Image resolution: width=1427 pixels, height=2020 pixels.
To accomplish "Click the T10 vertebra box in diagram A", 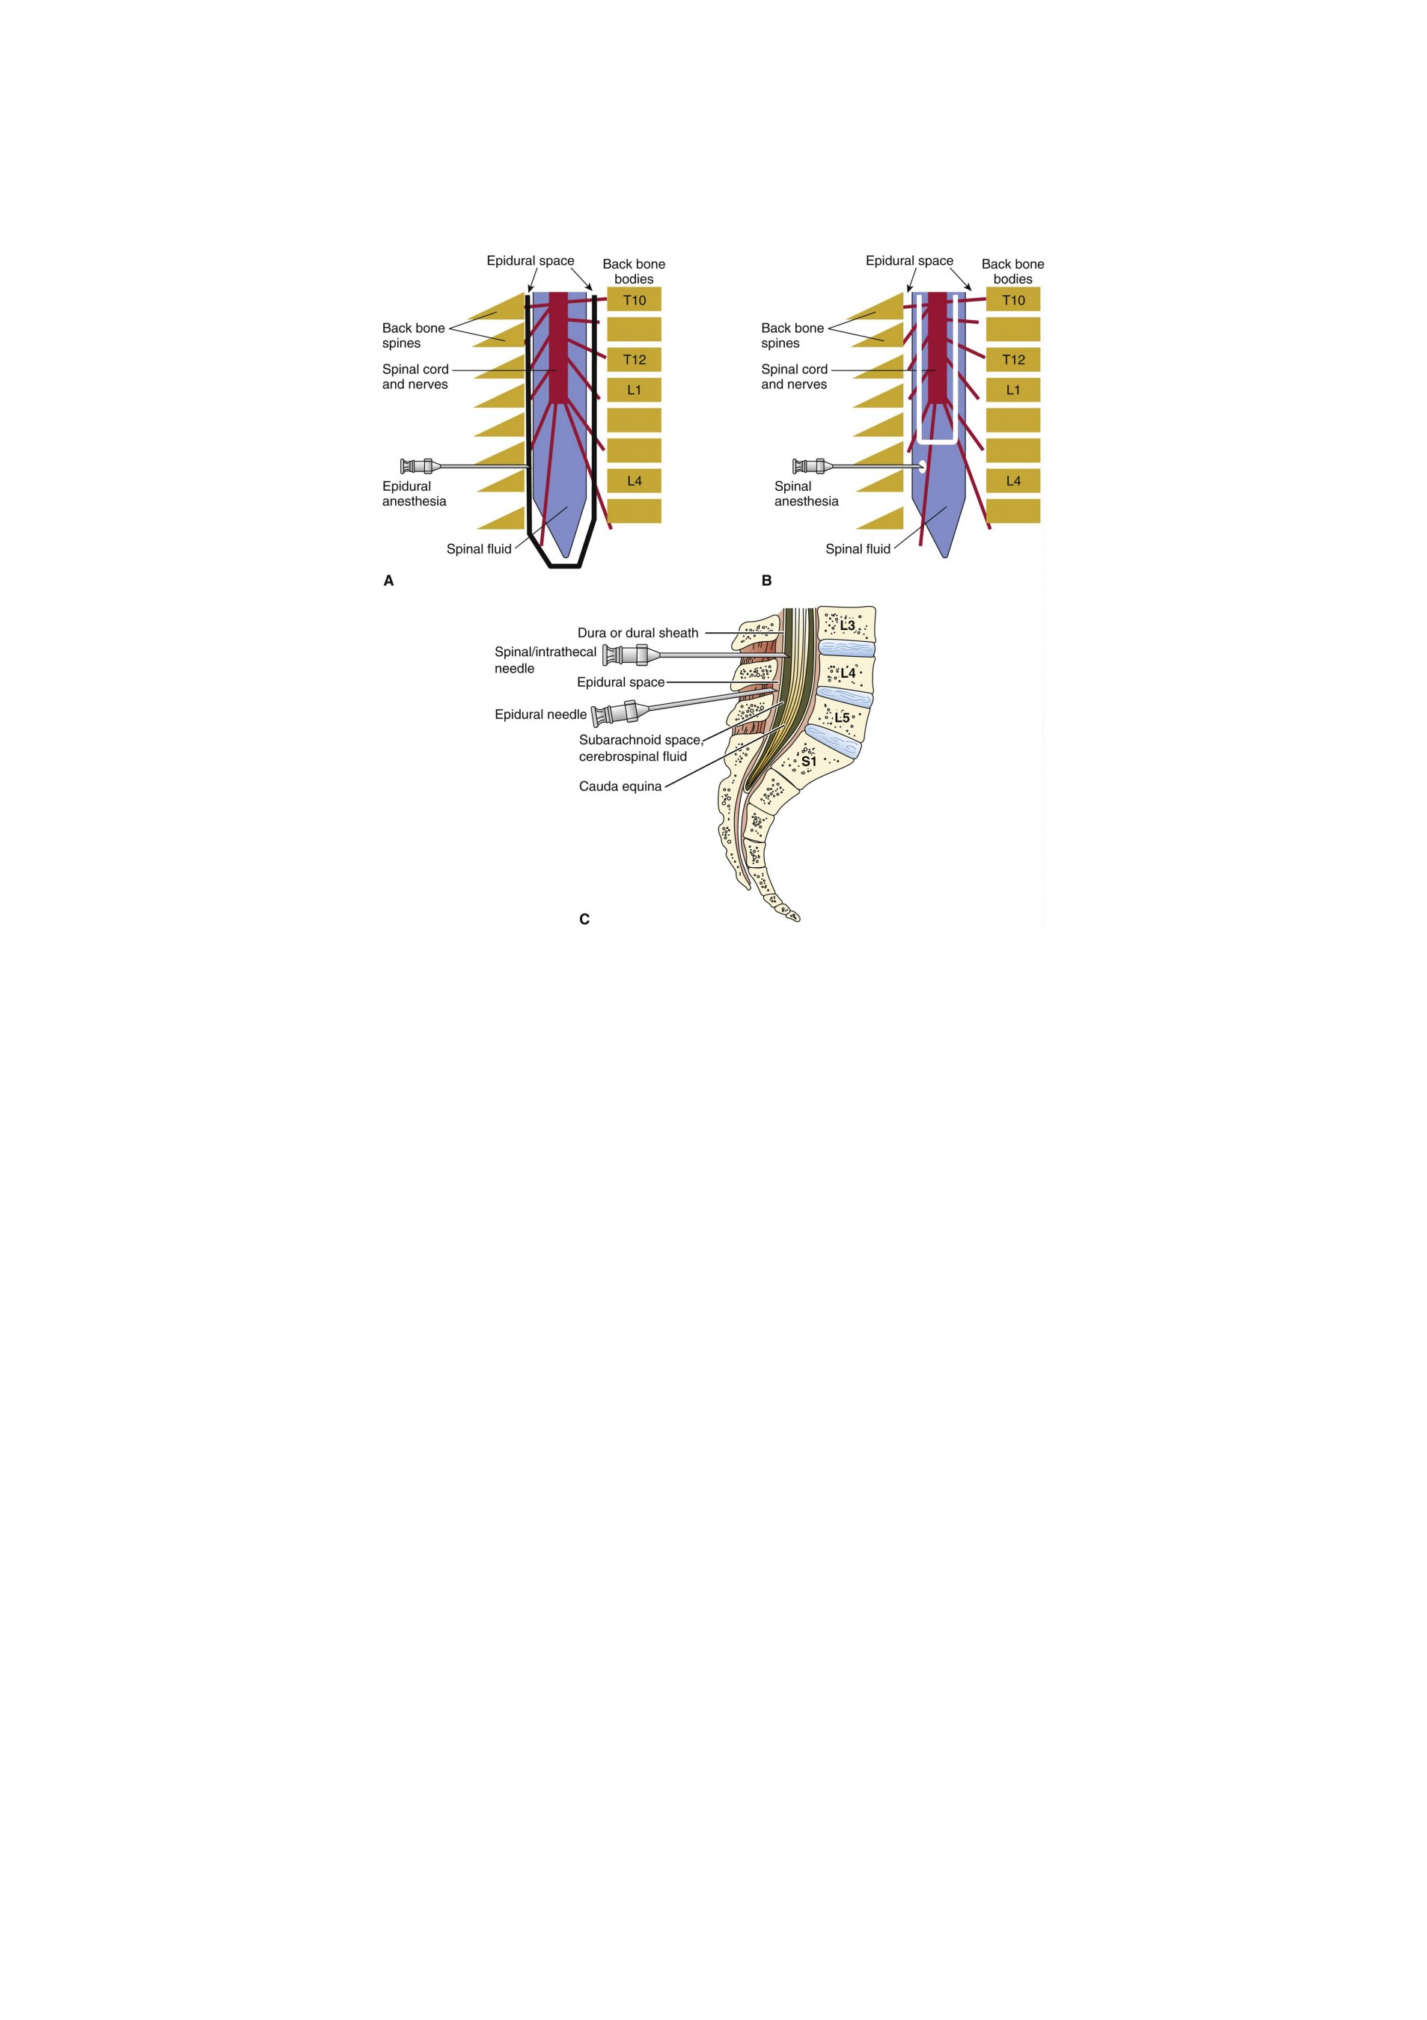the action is (634, 299).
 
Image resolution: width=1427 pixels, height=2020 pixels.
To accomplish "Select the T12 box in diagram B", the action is (1012, 359).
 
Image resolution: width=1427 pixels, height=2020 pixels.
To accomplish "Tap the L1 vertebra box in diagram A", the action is (634, 390).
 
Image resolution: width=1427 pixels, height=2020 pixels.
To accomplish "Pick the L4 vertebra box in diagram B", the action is (1012, 480).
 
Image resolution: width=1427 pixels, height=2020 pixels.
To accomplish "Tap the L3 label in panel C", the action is (847, 625).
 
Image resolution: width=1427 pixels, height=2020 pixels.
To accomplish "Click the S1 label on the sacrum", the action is (808, 761).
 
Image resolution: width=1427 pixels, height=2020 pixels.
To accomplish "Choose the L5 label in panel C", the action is (842, 717).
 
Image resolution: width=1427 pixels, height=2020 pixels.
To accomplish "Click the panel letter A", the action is (389, 581).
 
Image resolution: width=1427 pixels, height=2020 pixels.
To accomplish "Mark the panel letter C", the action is (584, 919).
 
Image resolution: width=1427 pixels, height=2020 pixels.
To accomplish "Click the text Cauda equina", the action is (620, 786).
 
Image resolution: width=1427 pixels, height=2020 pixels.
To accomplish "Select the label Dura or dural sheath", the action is (638, 633).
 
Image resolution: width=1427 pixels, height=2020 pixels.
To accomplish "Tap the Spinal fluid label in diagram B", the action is (858, 549).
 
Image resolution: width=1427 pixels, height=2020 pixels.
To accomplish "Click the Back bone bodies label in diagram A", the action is (634, 271).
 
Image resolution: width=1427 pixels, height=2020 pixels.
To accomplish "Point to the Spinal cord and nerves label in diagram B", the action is (795, 376).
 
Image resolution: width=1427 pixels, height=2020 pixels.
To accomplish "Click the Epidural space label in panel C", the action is (620, 682).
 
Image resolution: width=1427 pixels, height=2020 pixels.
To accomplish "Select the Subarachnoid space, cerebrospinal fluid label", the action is (641, 748).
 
